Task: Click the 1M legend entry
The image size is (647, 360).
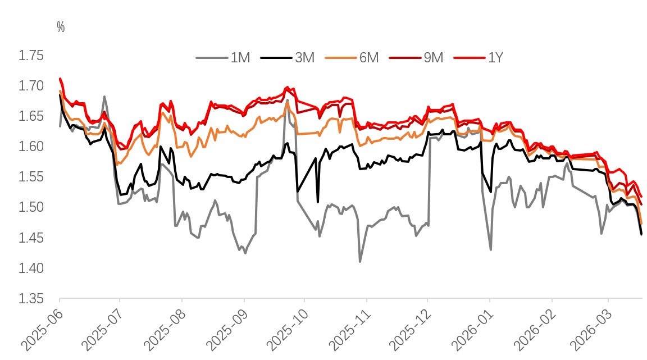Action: pos(224,57)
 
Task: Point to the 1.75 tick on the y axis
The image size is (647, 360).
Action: pos(31,56)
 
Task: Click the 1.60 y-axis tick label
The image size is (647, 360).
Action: pos(31,147)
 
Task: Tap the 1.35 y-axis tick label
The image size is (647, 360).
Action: pos(31,298)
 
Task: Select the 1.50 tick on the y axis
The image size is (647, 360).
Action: pos(31,207)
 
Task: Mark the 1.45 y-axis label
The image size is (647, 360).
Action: pos(31,238)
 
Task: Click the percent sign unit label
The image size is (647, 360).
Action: pos(61,27)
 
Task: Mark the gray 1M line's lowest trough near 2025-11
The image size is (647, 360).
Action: pos(360,262)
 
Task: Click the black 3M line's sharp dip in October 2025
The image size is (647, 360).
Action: pos(318,202)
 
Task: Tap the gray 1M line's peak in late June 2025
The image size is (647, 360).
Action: pos(104,96)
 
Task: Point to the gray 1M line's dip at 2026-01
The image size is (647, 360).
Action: pos(491,250)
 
